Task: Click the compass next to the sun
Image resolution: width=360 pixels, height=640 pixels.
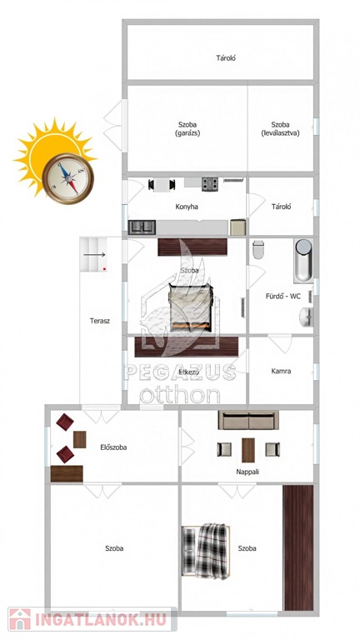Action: (67, 178)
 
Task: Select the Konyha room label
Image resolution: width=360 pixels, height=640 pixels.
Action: (187, 207)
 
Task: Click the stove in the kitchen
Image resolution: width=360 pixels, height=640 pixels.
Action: (210, 183)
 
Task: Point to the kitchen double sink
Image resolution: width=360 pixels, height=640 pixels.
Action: (142, 227)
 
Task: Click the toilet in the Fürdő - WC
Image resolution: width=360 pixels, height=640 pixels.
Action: (258, 249)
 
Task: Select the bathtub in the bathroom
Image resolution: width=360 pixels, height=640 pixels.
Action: (303, 260)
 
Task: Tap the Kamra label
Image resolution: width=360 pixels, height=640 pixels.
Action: (281, 372)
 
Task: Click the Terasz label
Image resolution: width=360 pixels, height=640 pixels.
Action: (100, 321)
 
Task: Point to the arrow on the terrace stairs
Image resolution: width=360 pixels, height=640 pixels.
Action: (94, 255)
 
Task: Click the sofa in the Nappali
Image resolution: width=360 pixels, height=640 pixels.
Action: (248, 420)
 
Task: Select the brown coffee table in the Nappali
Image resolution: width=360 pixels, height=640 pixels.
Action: (248, 450)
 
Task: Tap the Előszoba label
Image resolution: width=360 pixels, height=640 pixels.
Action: (113, 447)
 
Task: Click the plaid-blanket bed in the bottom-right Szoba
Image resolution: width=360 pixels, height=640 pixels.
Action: (206, 551)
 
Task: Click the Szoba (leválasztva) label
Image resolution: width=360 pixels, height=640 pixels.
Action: (280, 128)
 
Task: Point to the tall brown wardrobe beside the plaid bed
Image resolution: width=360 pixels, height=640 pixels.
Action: (298, 547)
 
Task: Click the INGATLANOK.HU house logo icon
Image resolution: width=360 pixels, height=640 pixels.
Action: (20, 619)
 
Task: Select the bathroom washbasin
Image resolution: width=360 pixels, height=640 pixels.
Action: (306, 317)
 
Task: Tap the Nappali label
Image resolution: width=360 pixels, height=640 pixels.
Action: (247, 472)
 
